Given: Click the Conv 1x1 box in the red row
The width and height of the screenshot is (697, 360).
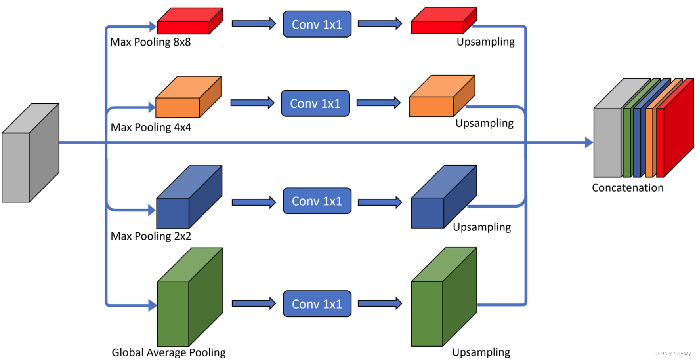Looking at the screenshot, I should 317,25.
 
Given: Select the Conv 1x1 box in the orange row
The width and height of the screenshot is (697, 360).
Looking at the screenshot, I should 315,103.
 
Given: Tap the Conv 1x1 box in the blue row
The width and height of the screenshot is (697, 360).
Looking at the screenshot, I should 317,201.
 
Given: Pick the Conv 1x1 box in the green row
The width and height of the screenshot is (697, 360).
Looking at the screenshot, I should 317,304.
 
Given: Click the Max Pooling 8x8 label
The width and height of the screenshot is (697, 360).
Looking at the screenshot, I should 150,42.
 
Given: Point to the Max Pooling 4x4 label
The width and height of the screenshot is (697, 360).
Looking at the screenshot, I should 151,127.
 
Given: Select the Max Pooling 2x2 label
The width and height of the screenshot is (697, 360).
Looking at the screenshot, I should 151,236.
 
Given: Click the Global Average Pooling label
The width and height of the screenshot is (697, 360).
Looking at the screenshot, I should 168,352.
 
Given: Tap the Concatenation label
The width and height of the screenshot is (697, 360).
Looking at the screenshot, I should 627,188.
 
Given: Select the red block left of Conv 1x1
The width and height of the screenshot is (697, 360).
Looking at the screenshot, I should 189,22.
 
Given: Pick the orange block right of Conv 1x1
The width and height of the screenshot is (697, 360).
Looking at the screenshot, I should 441,97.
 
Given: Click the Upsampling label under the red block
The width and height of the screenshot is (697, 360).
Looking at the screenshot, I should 485,42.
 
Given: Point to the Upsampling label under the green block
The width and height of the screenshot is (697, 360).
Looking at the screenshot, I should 481,352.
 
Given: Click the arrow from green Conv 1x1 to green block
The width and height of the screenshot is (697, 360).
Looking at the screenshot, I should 380,303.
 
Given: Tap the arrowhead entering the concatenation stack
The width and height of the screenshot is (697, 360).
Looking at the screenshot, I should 589,143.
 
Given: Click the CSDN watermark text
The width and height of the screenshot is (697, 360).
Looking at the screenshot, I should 672,354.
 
